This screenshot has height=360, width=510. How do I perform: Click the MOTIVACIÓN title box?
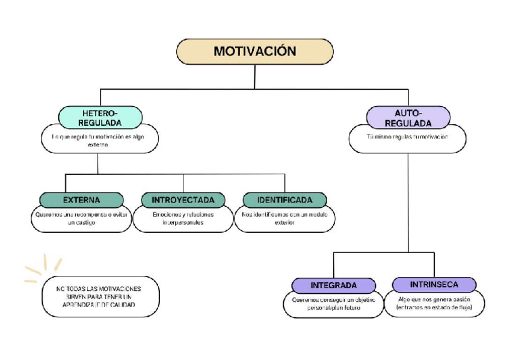(x=254, y=52)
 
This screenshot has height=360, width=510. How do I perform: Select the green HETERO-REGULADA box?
(x=100, y=117)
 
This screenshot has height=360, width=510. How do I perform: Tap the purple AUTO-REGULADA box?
(x=408, y=117)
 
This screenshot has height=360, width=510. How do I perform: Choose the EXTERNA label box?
(x=81, y=200)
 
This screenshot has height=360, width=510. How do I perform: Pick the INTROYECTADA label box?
(x=183, y=200)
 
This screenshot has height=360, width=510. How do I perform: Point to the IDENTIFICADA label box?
(x=284, y=200)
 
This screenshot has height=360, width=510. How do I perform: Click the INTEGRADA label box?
(x=334, y=285)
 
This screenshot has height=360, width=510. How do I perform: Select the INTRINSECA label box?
(x=434, y=284)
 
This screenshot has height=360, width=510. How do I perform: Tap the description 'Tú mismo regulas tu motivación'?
(x=408, y=137)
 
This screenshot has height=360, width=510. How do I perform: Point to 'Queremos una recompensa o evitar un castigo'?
(x=81, y=218)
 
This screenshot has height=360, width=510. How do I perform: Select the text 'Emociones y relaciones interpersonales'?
(x=183, y=218)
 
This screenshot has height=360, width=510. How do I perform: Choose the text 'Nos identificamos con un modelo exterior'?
(x=284, y=218)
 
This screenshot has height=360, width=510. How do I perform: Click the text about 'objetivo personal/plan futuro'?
(x=334, y=303)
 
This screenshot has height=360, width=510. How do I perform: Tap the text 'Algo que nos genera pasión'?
(x=434, y=299)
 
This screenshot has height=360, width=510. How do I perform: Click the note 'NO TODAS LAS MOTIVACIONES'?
(x=99, y=289)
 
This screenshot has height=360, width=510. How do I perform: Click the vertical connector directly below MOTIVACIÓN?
(x=255, y=76)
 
